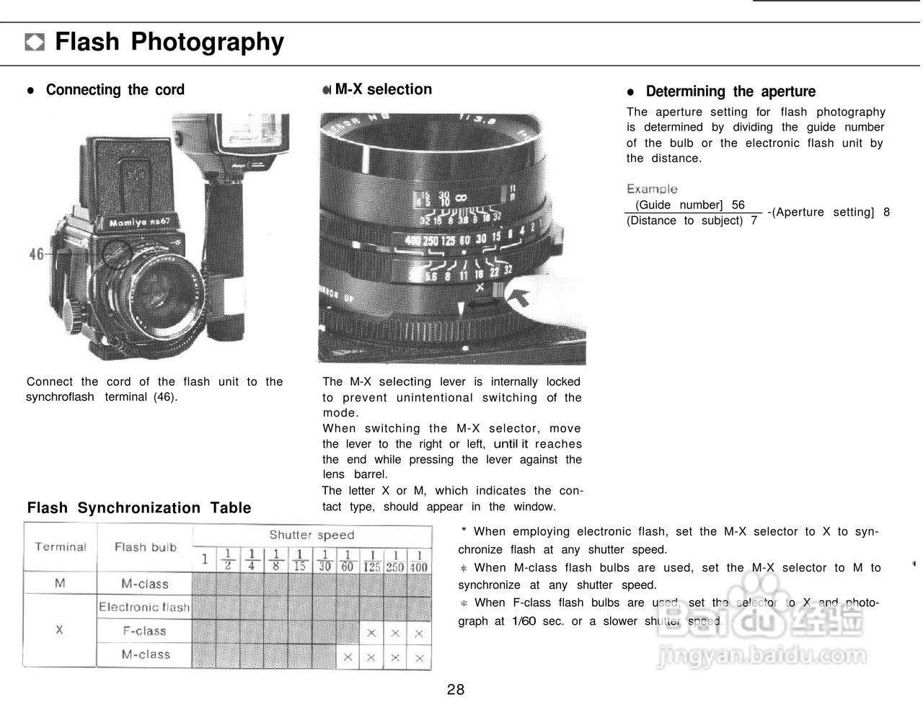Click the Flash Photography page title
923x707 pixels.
point(169,42)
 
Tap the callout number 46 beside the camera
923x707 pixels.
point(37,254)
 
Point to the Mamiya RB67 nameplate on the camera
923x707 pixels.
point(139,222)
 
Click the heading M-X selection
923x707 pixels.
point(383,89)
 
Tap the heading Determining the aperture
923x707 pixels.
point(730,92)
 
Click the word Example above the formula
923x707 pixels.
point(652,189)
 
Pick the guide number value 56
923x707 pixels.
point(738,205)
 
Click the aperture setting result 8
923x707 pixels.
point(886,212)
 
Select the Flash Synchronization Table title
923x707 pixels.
point(139,508)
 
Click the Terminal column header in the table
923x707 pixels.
point(61,547)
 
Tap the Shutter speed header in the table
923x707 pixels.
point(312,535)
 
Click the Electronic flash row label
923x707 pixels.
point(144,607)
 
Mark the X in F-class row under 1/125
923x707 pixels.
point(371,633)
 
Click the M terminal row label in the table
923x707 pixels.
point(60,583)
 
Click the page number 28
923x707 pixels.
point(456,690)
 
